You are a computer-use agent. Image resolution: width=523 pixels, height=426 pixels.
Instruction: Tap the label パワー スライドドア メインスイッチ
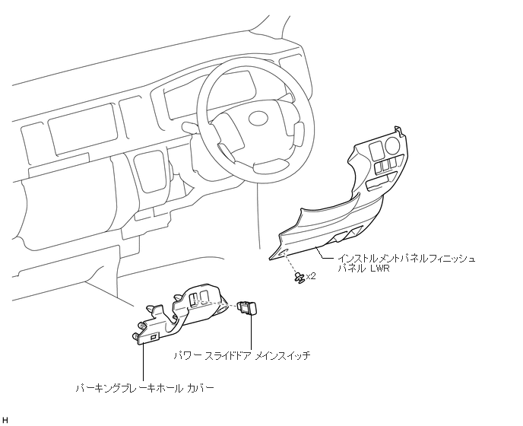pyautogui.click(x=242, y=355)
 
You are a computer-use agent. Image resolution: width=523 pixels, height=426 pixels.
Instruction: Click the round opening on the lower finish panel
pyautogui.click(x=392, y=145)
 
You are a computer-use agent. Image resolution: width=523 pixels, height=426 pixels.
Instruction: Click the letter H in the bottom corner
pyautogui.click(x=5, y=420)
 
